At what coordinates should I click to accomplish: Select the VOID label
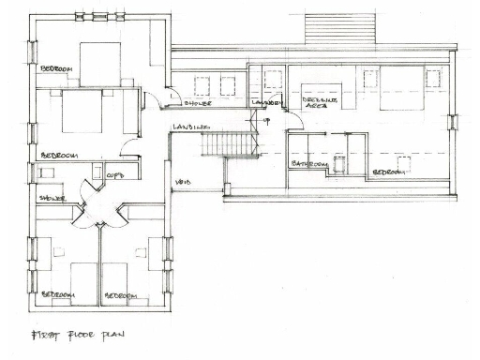pyautogui.click(x=184, y=181)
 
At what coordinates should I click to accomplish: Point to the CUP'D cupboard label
pyautogui.click(x=115, y=175)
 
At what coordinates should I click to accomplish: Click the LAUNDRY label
pyautogui.click(x=268, y=102)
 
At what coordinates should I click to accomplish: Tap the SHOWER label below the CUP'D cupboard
pyautogui.click(x=52, y=199)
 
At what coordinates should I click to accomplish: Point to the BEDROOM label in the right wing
pyautogui.click(x=388, y=172)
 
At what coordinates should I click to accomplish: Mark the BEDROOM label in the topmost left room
pyautogui.click(x=58, y=69)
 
